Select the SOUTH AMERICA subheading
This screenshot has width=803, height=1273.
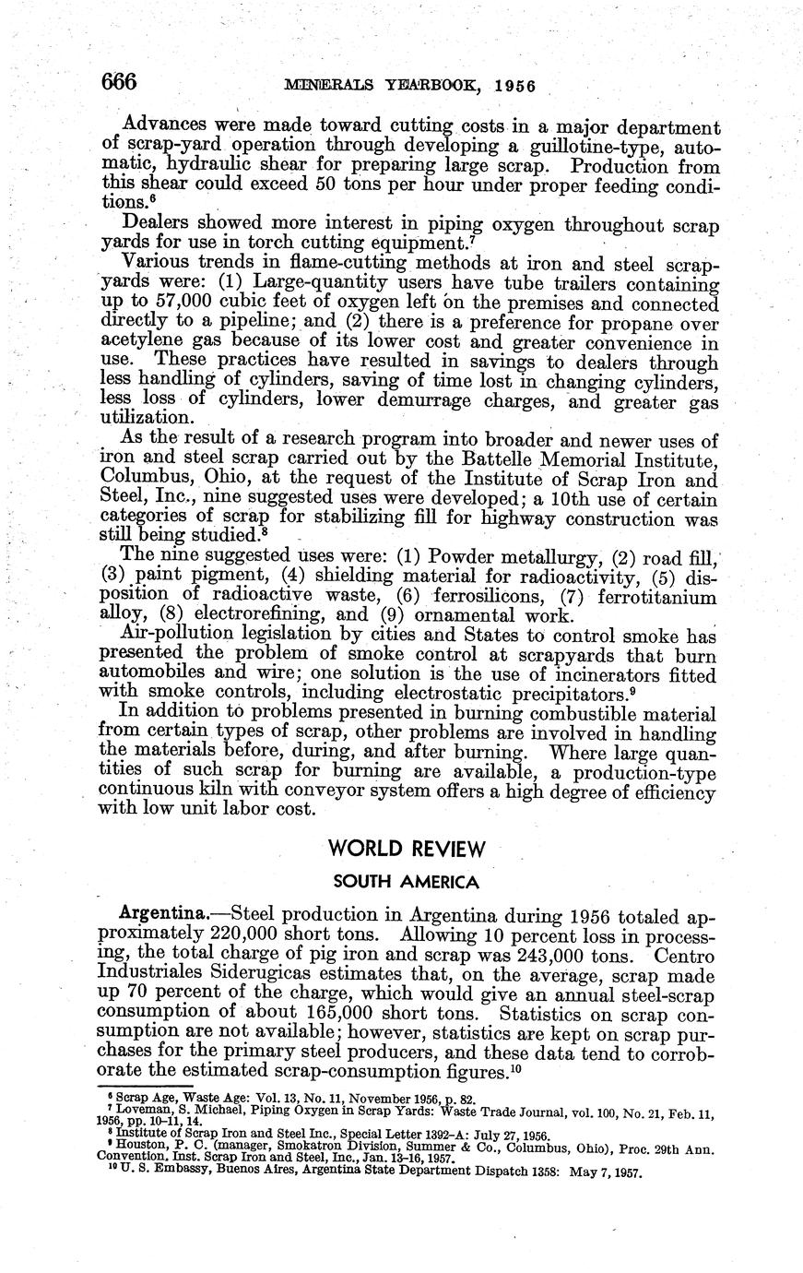[406, 882]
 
